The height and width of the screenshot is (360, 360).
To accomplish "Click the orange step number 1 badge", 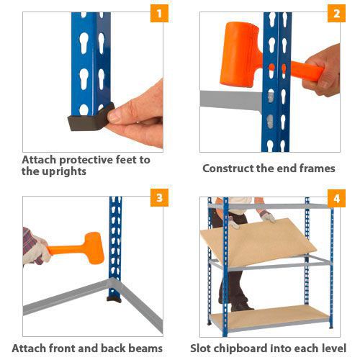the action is [x=159, y=13].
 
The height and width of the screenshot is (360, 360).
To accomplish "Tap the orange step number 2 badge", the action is [x=336, y=13].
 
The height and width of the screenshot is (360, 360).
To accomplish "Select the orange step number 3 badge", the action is [x=159, y=197].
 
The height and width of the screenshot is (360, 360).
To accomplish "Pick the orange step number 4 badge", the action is [x=336, y=198].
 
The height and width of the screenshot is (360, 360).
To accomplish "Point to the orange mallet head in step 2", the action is [x=240, y=54].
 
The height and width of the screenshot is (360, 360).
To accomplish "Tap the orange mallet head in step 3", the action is [x=94, y=248].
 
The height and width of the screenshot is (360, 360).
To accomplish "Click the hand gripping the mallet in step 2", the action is [x=322, y=71].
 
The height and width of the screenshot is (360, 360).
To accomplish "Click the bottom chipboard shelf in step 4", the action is [x=269, y=316].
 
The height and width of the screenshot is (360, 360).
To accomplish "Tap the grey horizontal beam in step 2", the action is [x=231, y=100].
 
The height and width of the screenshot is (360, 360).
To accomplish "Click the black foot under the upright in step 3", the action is [x=114, y=300].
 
